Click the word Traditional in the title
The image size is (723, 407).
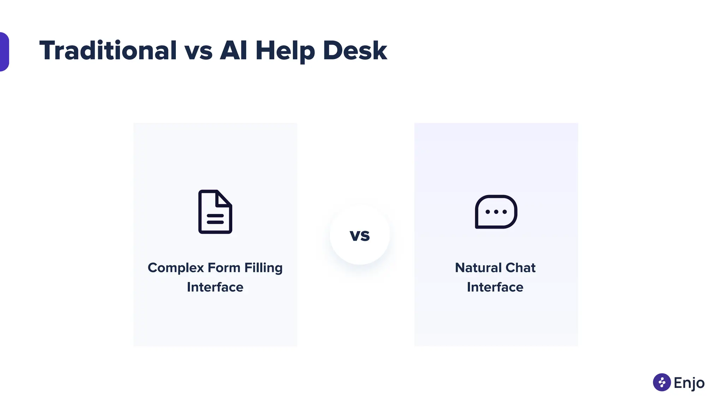pos(108,51)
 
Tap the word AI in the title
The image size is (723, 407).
pos(233,51)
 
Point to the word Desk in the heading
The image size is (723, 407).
pos(355,51)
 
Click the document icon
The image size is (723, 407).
pos(215,212)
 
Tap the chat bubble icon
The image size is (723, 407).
pos(496,212)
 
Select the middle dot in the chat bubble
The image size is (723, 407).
pos(496,212)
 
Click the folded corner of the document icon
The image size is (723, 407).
pos(224,198)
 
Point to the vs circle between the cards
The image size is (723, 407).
pos(360,235)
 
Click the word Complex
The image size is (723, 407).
pos(176,268)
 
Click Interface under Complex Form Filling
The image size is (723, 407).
pos(215,287)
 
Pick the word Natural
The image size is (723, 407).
pos(478,268)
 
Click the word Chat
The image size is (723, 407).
pos(520,268)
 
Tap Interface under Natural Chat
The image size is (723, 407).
pos(495,287)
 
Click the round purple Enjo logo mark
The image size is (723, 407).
pos(662,382)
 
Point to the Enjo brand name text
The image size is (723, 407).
pos(689,383)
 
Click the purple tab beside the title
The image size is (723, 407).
pos(4,52)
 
